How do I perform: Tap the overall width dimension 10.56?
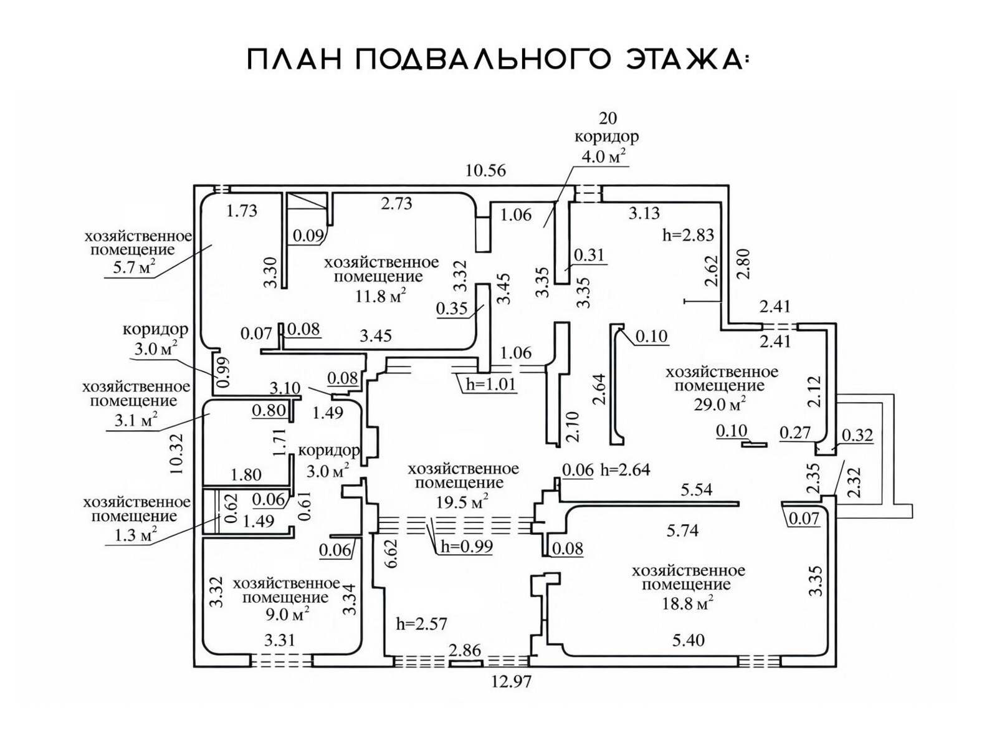pos(485,171)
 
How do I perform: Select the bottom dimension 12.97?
pos(511,682)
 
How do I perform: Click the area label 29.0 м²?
pos(720,405)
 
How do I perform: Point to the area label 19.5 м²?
pos(462,501)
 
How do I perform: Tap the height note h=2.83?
pos(687,235)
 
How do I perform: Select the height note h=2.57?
pos(421,623)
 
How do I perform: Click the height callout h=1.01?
pos(490,384)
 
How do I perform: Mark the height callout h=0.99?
pos(466,547)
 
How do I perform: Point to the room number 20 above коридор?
pos(608,118)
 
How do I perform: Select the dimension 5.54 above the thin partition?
pos(697,489)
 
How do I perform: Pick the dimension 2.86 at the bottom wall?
pos(465,651)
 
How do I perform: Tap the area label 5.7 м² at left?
pos(130,269)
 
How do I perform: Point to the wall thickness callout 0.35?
pos(452,309)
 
